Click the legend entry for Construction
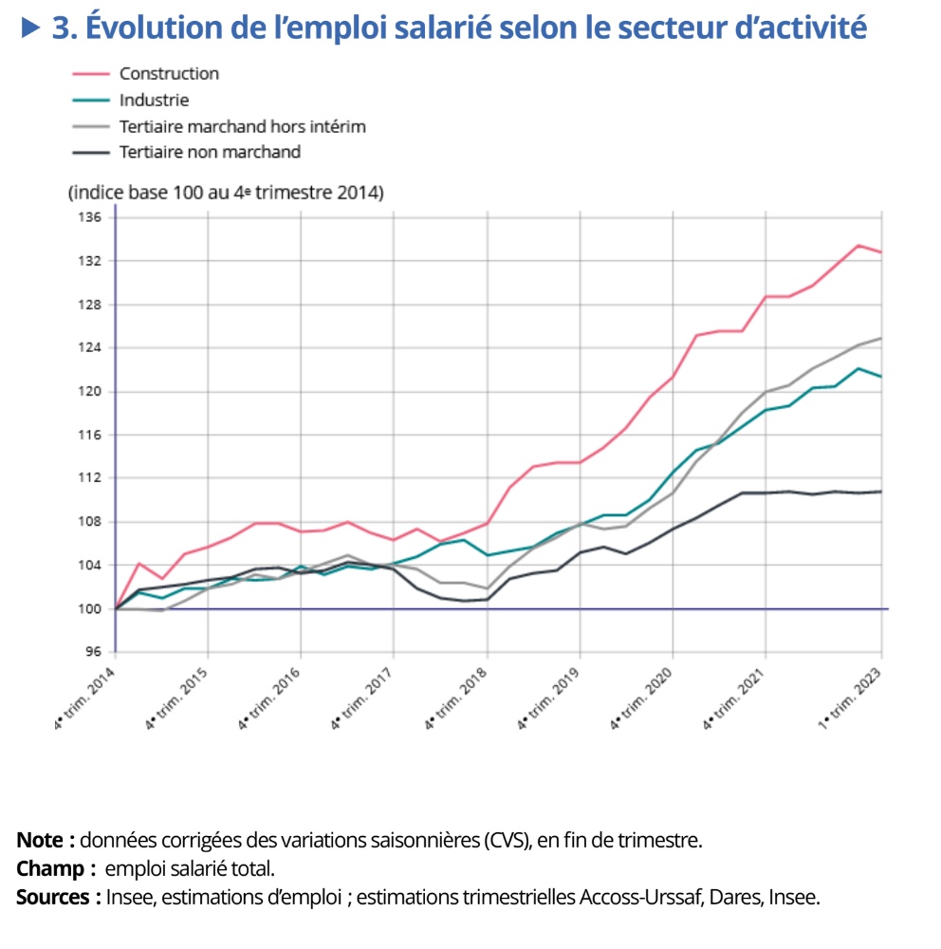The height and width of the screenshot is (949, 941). pos(169,74)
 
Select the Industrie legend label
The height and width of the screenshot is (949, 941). pos(154,100)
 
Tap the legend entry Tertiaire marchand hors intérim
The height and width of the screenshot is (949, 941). pos(242,126)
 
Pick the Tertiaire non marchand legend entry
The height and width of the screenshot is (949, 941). pos(210,152)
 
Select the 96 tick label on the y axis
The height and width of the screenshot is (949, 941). pos(94,652)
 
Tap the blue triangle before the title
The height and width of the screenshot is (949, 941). pos(31,28)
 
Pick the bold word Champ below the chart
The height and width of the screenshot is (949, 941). pos(49,868)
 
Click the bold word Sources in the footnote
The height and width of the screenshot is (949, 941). pos(54,897)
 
